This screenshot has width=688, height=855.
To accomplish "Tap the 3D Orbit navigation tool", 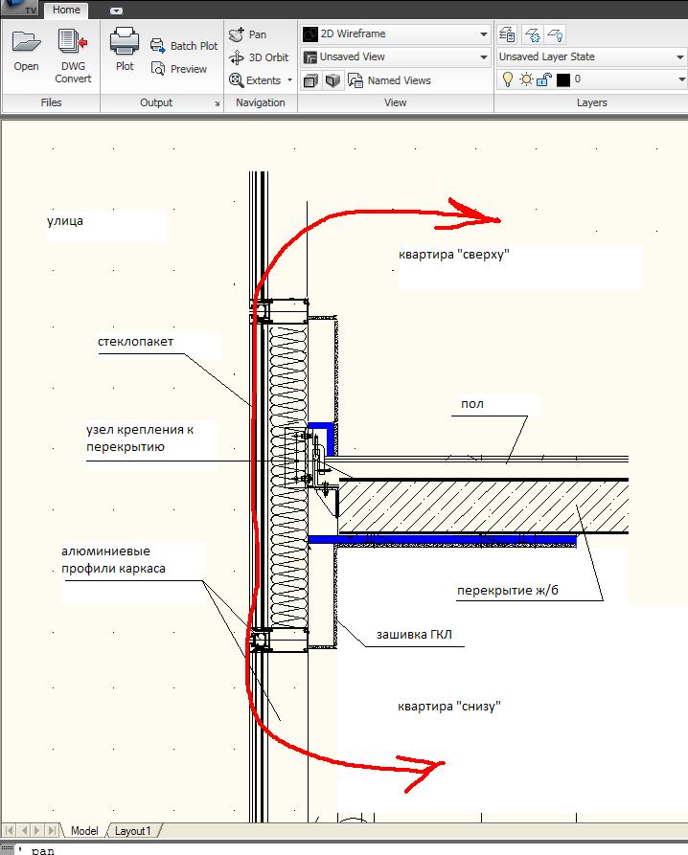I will tap(260, 57).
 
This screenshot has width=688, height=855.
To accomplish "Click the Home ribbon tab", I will tap(66, 10).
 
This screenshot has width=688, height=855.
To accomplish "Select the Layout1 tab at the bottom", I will tap(133, 831).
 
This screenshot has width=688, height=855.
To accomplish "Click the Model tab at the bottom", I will tap(84, 831).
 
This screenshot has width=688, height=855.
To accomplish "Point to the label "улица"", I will tap(65, 221).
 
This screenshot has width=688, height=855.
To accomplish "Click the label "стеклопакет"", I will tap(135, 342).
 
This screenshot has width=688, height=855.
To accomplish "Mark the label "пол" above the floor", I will tap(472, 404).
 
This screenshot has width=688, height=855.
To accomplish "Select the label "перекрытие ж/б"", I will tap(507, 591).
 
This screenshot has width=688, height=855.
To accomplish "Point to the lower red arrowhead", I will tap(426, 768).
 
